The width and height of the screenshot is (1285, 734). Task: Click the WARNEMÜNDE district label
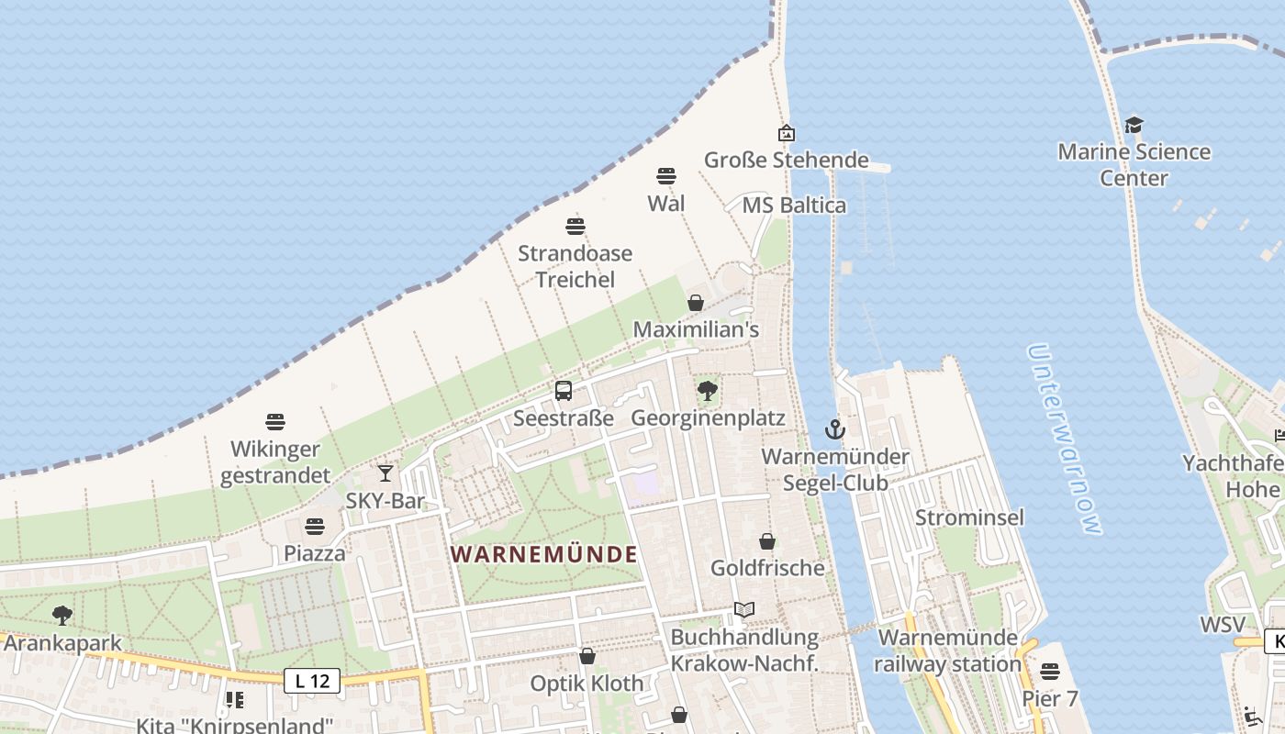pyautogui.click(x=544, y=554)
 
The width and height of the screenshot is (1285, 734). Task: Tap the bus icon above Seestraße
pyautogui.click(x=564, y=391)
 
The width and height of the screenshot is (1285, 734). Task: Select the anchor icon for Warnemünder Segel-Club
pyautogui.click(x=834, y=428)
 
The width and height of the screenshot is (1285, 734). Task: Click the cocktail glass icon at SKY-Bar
pyautogui.click(x=385, y=473)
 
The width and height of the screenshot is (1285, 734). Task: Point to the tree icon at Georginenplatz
pyautogui.click(x=708, y=391)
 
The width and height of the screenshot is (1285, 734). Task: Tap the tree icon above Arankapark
pyautogui.click(x=62, y=615)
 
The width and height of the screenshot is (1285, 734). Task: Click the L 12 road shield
pyautogui.click(x=312, y=681)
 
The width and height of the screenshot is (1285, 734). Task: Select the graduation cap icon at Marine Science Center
pyautogui.click(x=1134, y=125)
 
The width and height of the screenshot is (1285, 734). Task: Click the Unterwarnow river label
pyautogui.click(x=1064, y=439)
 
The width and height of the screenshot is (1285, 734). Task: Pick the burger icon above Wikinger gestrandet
pyautogui.click(x=275, y=422)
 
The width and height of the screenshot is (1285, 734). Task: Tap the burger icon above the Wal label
pyautogui.click(x=666, y=176)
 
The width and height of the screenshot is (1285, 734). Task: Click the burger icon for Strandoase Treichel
pyautogui.click(x=575, y=226)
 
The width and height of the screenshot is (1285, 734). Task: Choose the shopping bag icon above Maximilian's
pyautogui.click(x=696, y=303)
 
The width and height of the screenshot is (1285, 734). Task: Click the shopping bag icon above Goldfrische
pyautogui.click(x=767, y=541)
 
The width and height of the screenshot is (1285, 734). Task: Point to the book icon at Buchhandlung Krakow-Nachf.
pyautogui.click(x=744, y=609)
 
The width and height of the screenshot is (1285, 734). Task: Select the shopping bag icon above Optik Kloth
pyautogui.click(x=587, y=656)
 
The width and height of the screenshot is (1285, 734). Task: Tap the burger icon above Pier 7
pyautogui.click(x=1050, y=672)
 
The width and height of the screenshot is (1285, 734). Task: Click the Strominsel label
pyautogui.click(x=969, y=517)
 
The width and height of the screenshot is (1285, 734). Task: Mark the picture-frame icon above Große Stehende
pyautogui.click(x=787, y=134)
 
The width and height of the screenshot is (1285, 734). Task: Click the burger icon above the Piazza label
pyautogui.click(x=315, y=527)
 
